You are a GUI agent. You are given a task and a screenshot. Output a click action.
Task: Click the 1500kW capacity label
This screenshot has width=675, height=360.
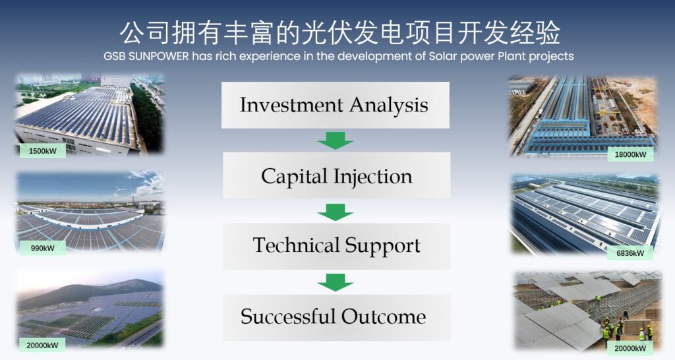pyautogui.click(x=43, y=151)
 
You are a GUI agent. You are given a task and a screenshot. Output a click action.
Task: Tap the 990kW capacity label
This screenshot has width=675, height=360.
pyautogui.click(x=43, y=248)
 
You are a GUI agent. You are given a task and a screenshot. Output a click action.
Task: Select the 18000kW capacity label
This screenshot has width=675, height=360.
pyautogui.click(x=630, y=154)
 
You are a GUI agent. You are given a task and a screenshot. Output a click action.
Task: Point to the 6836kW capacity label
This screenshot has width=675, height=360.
pyautogui.click(x=630, y=253)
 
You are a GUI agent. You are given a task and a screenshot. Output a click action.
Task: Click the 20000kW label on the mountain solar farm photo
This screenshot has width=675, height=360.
pyautogui.click(x=42, y=345)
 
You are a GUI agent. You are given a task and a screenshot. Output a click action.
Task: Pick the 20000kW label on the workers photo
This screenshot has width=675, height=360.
pyautogui.click(x=630, y=348)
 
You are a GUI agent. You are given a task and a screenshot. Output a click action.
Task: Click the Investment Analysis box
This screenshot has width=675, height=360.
pyautogui.click(x=336, y=105)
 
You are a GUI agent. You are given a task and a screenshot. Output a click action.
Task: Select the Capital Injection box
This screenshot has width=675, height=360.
pyautogui.click(x=336, y=175)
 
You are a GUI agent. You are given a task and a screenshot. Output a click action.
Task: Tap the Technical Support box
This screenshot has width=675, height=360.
pyautogui.click(x=336, y=247)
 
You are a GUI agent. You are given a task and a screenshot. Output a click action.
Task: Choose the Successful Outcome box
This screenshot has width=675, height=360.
pyautogui.click(x=336, y=318)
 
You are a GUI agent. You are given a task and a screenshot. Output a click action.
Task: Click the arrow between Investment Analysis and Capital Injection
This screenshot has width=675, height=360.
pyautogui.click(x=336, y=141)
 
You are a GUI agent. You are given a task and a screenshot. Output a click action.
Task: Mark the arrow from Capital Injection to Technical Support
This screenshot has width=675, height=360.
pyautogui.click(x=336, y=212)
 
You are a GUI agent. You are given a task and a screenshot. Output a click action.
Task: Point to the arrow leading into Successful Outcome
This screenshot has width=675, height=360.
pyautogui.click(x=336, y=282)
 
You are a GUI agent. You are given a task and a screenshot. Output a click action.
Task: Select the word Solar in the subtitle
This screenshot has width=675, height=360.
pyautogui.click(x=443, y=57)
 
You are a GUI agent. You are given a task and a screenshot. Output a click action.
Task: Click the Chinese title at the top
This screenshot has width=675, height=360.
pyautogui.click(x=340, y=33)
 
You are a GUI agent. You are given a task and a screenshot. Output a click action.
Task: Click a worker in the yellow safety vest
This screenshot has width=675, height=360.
pyautogui.click(x=606, y=333)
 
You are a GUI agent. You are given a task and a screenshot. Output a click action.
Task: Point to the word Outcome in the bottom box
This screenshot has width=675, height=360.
pyautogui.click(x=384, y=316)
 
